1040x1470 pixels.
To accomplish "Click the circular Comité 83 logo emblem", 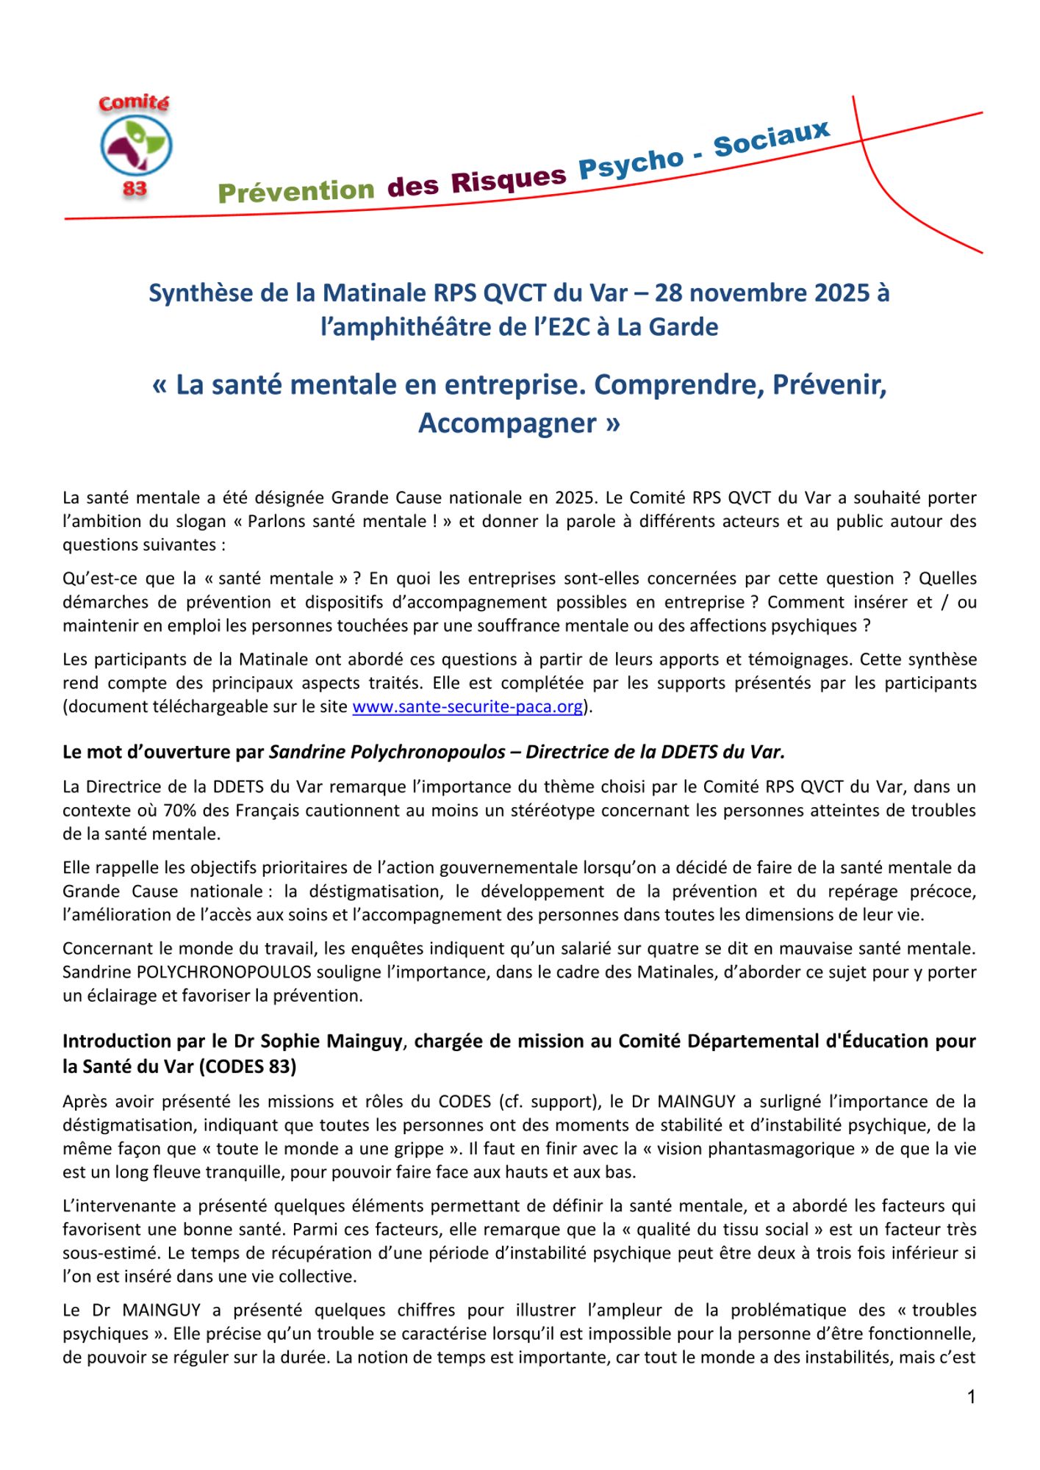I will [136, 146].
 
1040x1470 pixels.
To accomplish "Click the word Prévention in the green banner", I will [295, 191].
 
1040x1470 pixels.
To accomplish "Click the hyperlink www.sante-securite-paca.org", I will [467, 706].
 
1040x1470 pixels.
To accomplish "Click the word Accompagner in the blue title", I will [507, 423].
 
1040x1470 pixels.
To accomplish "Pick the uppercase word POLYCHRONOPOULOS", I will [224, 972].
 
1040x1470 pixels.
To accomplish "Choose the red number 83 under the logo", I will [135, 189].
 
